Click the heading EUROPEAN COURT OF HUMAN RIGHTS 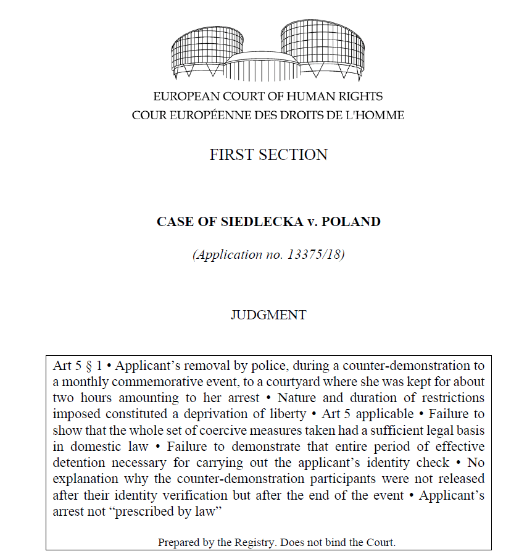(x=268, y=96)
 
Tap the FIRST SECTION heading (x=268, y=154)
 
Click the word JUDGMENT (x=268, y=314)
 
